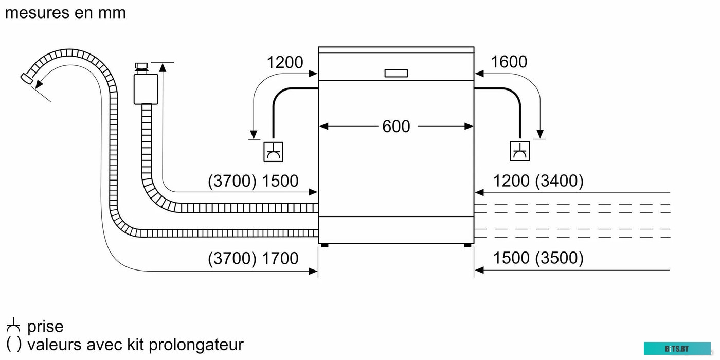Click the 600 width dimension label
click(x=396, y=127)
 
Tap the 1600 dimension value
click(x=509, y=62)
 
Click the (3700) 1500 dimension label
click(x=253, y=181)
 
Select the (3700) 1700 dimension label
click(x=253, y=258)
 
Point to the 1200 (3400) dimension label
click(x=538, y=181)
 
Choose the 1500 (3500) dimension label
click(x=538, y=258)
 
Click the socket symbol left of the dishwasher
click(x=273, y=151)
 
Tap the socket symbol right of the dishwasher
click(x=520, y=151)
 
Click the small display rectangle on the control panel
click(x=396, y=74)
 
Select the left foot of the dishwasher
click(x=324, y=245)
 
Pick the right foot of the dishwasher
click(x=467, y=245)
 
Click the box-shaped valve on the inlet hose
click(x=145, y=88)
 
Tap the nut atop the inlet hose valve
click(x=141, y=67)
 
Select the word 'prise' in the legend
click(x=45, y=327)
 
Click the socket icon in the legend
click(x=13, y=326)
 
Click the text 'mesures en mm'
click(x=65, y=13)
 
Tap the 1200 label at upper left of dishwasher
click(x=284, y=63)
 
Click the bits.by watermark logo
click(x=676, y=349)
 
